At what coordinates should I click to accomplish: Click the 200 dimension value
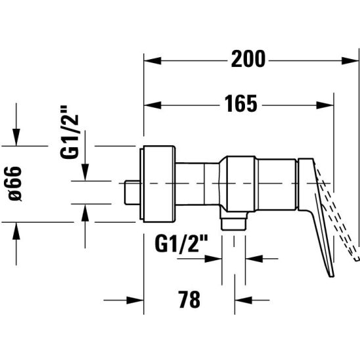248,59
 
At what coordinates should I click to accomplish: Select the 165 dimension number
241,104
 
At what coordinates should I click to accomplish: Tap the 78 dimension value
189,300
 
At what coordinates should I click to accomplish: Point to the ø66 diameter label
14,184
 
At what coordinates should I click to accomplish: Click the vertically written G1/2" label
70,132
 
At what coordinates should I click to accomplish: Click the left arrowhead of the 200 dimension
152,61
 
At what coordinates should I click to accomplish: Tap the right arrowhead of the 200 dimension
350,61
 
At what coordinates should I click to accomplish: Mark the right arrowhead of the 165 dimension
325,105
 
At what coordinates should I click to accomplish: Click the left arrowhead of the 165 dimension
152,105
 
